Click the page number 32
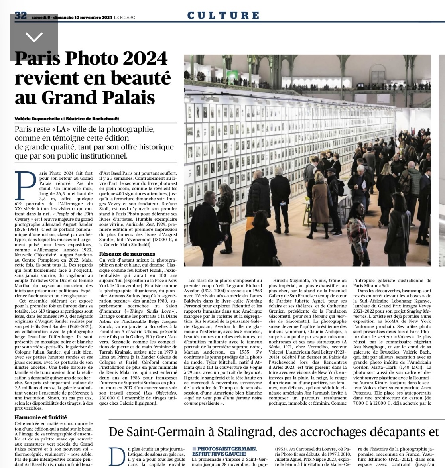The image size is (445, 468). (20, 16)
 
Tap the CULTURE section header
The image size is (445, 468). (223, 16)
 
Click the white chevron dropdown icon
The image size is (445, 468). (34, 37)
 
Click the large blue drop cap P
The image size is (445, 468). (26, 185)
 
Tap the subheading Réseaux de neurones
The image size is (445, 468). (127, 254)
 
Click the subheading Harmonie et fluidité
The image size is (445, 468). (40, 417)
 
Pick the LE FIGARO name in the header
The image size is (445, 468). (125, 17)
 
